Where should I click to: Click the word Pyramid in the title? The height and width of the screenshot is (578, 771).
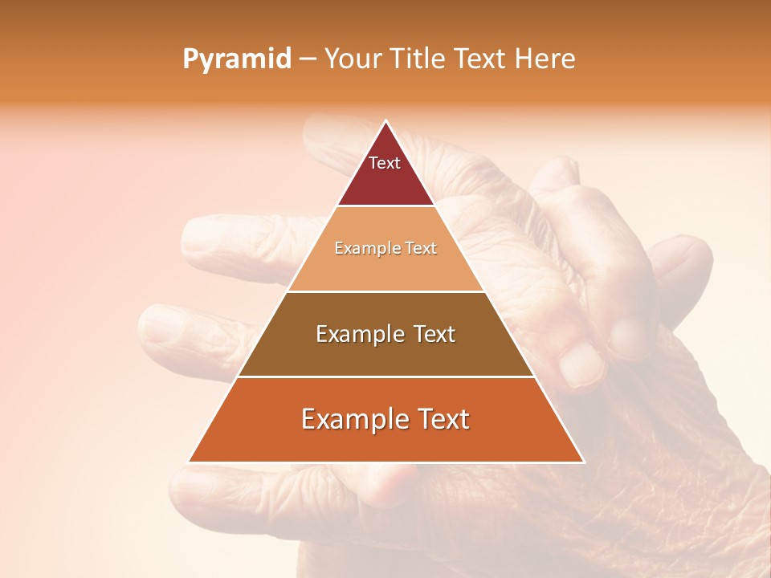coord(236,59)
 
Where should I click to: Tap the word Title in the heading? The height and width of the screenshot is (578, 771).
coord(418,59)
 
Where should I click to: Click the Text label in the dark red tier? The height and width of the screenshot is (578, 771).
coord(385,163)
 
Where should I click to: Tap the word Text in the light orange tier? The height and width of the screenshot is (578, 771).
coord(422,249)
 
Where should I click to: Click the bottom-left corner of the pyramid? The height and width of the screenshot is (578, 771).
coord(189,462)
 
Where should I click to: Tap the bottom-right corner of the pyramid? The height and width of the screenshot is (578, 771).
coord(584,462)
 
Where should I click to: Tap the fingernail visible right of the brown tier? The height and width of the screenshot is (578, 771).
coord(581,363)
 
